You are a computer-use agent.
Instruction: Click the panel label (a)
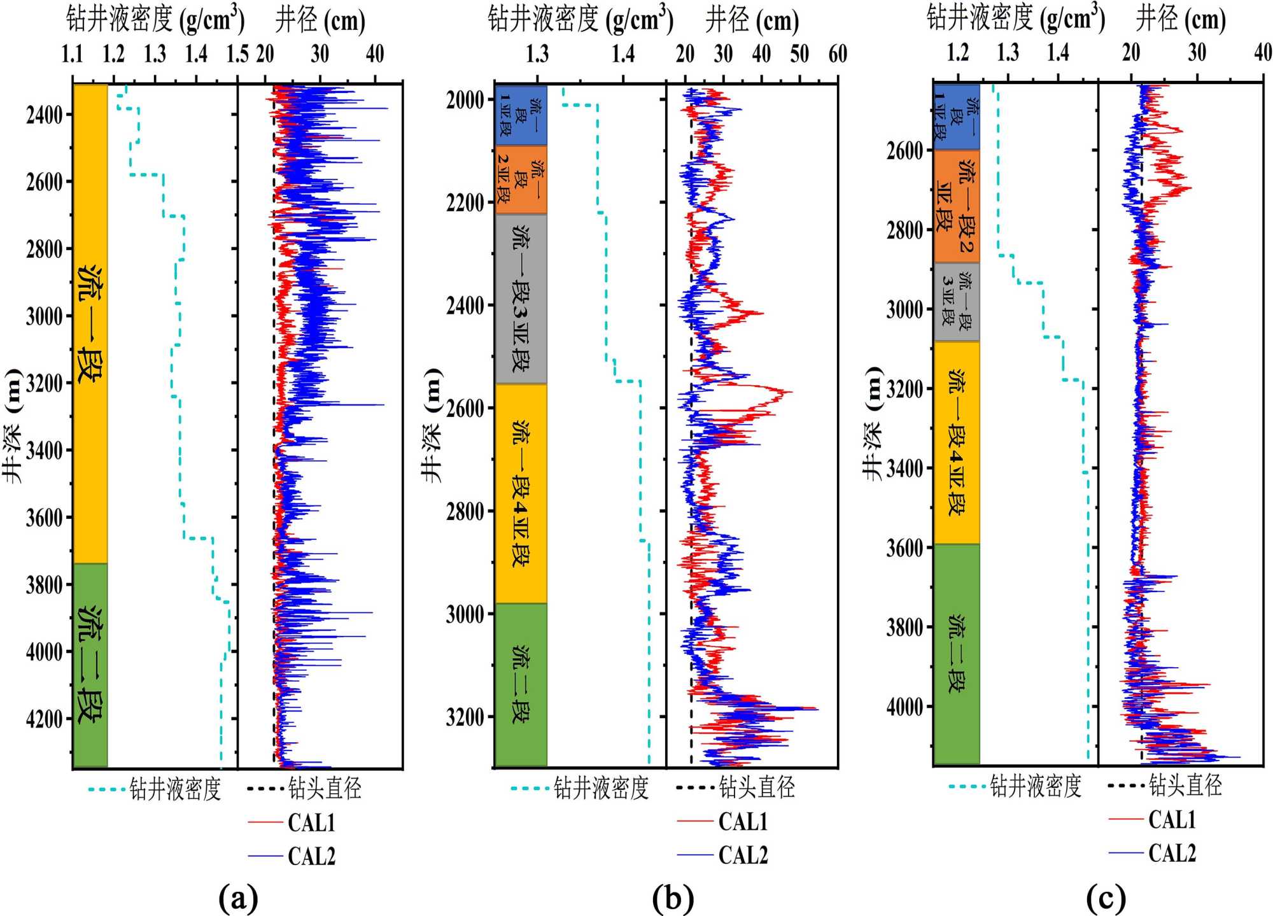(238, 898)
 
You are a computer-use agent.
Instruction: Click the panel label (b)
(673, 898)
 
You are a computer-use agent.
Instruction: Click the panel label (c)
(1106, 898)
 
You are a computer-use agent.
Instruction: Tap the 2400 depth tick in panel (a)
(45, 115)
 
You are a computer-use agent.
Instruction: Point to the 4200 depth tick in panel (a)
(45, 719)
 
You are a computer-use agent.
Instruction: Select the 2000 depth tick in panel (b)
(465, 100)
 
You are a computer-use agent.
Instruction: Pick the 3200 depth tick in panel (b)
(465, 717)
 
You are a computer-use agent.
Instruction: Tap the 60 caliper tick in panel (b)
(838, 55)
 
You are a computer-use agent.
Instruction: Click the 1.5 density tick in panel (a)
(237, 55)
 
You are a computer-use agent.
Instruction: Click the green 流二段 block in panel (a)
(90, 665)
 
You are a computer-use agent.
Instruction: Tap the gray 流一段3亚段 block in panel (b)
(521, 299)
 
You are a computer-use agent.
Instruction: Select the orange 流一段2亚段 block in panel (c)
(956, 206)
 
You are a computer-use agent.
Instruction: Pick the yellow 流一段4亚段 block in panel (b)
(521, 493)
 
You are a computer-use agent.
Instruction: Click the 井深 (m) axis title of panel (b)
(432, 425)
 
